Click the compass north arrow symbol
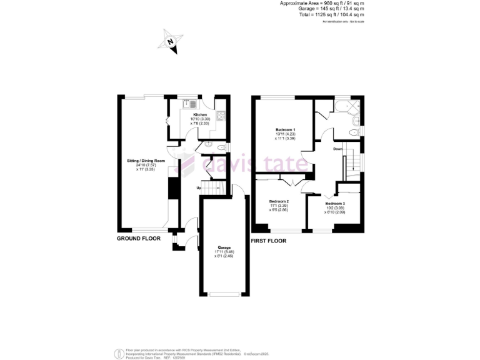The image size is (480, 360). [x=171, y=42]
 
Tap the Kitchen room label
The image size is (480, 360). [x=200, y=115]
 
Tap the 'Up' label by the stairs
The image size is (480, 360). [x=199, y=188]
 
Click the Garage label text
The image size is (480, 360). [x=224, y=247]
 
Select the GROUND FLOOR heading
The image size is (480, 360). [x=138, y=239]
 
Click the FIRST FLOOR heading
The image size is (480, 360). [x=268, y=241]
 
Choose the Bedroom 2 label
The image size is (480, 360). [x=279, y=201]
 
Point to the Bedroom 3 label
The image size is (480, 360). [x=335, y=204]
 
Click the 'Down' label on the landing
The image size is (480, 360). [x=337, y=149]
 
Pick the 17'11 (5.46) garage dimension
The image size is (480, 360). [x=224, y=252]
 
